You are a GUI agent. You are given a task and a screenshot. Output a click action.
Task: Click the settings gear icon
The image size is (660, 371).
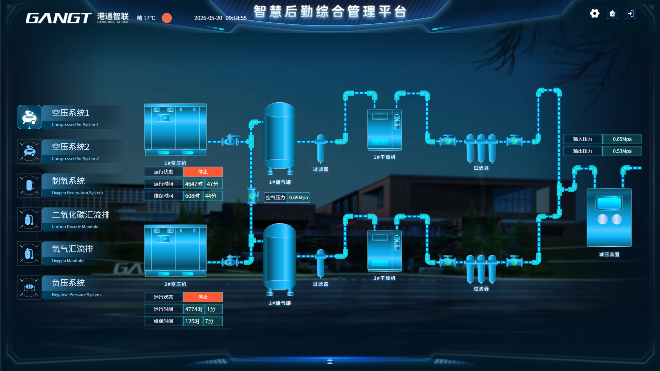point(594,13)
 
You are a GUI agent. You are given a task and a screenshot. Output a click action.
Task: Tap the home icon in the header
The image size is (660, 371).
point(612,13)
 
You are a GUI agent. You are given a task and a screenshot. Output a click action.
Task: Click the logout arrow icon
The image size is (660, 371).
point(630,13)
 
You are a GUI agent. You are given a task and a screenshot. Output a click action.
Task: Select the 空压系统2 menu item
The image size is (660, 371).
point(70,151)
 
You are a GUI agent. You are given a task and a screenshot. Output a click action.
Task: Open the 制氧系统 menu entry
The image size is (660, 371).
point(70,185)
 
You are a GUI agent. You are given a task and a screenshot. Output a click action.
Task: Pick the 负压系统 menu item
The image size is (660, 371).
point(70,287)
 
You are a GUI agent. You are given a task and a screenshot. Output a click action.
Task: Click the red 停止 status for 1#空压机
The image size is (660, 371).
point(203,172)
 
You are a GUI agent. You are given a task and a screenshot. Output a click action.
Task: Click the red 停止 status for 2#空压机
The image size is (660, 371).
point(203,297)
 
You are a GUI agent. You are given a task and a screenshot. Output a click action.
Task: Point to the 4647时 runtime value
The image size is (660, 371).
point(194,184)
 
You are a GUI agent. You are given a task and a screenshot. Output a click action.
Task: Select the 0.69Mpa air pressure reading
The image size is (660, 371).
point(298,198)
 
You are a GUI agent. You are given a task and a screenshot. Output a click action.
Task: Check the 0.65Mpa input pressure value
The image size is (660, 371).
point(622,139)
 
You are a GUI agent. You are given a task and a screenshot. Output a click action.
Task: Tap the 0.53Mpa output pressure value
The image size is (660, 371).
point(622,151)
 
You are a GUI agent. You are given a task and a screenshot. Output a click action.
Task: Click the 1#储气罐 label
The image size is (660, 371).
point(280,182)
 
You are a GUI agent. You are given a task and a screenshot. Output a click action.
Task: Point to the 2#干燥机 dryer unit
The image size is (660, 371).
point(385,251)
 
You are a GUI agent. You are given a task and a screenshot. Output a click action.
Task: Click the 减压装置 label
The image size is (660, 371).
point(609,255)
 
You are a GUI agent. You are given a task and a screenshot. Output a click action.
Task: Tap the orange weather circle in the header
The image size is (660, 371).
point(167,18)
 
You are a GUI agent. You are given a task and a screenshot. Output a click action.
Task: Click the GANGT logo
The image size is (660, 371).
point(58,18)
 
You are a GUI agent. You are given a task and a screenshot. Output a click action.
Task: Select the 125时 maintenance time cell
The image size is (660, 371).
point(193,321)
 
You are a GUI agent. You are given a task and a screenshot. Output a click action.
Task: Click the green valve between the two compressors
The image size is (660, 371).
point(252,196)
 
